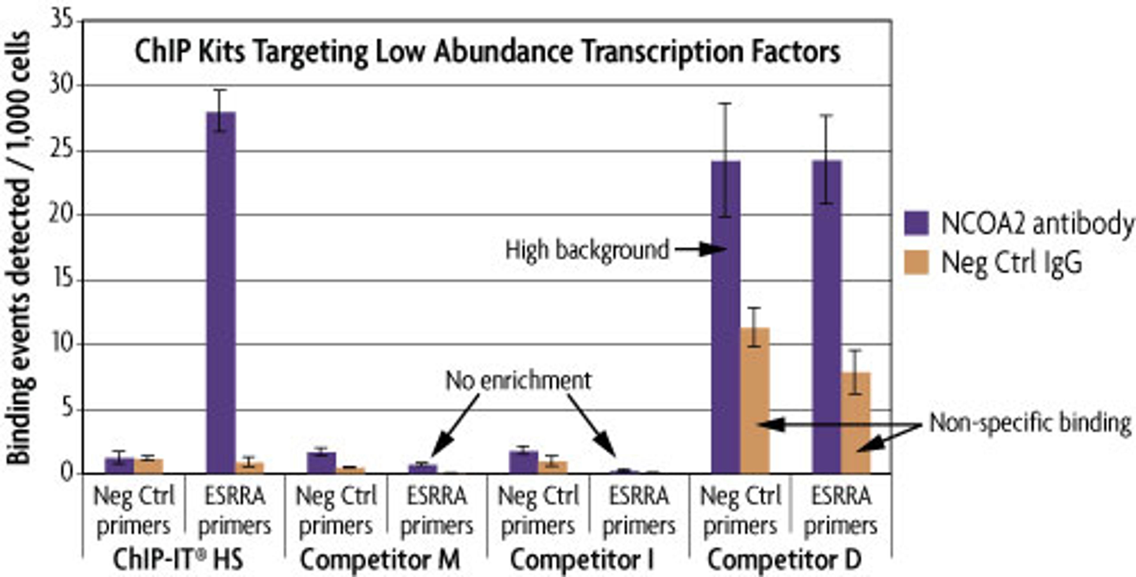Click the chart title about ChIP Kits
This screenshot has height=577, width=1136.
pos(487,52)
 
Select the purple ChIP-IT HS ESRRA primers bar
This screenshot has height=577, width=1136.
pos(221,291)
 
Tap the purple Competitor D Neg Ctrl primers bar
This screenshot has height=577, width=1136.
pos(726,317)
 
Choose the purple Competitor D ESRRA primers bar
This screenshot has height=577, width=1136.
pos(827,317)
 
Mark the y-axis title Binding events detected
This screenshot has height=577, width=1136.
pos(19,247)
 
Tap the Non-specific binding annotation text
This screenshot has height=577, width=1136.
pos(1030,423)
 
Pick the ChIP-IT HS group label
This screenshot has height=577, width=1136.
pos(178,560)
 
